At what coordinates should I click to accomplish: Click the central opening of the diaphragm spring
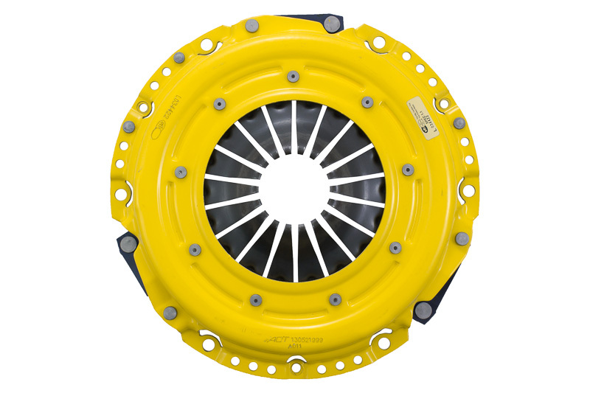pos(295,193)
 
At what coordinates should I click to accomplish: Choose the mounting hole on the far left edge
pos(120,194)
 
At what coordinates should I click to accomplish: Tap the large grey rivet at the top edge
pos(251,27)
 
